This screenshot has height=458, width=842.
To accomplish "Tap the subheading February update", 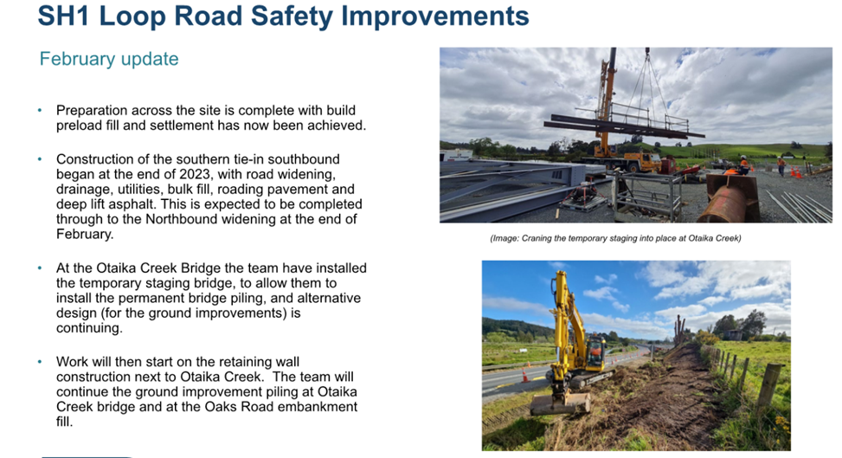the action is (x=109, y=59).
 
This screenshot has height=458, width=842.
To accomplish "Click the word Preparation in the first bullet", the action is (x=92, y=111).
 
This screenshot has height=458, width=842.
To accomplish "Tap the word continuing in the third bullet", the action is (x=89, y=328).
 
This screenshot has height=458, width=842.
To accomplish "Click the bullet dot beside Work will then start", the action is (x=40, y=362).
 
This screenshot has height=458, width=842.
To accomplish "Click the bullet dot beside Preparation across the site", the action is (x=40, y=110).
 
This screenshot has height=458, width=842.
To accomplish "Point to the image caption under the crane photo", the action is (x=615, y=238).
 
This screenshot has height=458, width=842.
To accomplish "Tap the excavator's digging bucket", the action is (x=561, y=403).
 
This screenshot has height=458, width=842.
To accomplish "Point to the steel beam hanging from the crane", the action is (x=623, y=126).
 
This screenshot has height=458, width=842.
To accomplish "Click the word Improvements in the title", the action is (x=435, y=16).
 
